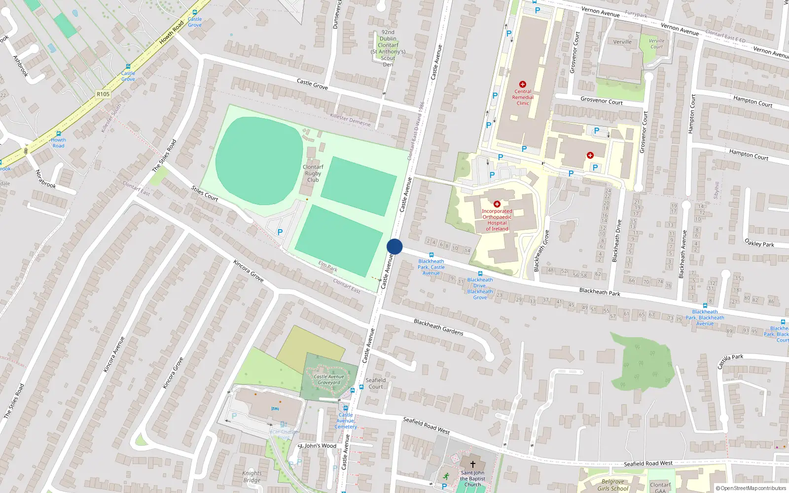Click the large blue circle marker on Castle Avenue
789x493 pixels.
tap(394, 246)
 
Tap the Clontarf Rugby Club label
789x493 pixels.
tap(313, 174)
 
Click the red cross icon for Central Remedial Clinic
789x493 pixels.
tap(523, 84)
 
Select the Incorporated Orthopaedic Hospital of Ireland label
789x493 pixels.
tap(497, 220)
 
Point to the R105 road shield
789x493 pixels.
tap(103, 94)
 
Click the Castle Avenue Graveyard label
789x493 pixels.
tap(329, 380)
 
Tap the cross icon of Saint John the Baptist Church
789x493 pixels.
tap(472, 464)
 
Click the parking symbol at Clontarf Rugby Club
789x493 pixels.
tap(280, 232)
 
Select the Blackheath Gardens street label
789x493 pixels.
tap(438, 327)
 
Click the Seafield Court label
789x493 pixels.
tap(375, 384)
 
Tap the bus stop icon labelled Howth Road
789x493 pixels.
tap(58, 134)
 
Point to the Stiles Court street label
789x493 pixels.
tap(205, 194)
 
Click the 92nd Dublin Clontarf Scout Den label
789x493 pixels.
tap(388, 48)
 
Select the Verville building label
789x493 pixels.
tap(622, 42)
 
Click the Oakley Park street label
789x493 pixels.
tap(759, 243)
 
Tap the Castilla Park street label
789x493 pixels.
tap(730, 361)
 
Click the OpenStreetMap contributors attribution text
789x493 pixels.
tap(751, 489)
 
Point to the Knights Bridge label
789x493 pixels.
tap(251, 477)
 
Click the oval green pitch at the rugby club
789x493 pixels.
tap(259, 161)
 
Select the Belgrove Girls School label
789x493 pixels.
tap(613, 485)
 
